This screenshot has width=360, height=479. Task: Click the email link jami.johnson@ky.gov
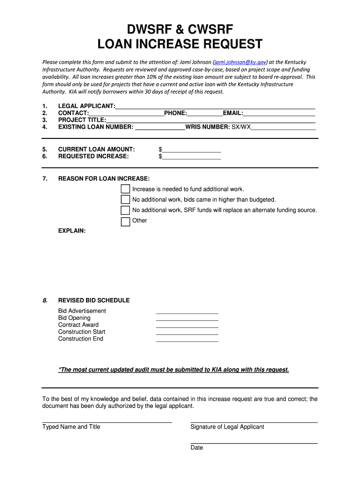point(240,62)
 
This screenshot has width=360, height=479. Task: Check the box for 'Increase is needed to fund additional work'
point(125,189)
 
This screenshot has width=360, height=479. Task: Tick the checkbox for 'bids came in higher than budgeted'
point(125,200)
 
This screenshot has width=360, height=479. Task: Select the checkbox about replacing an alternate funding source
point(125,210)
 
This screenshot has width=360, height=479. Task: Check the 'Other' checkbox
point(125,222)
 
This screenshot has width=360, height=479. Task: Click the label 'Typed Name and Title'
point(71,427)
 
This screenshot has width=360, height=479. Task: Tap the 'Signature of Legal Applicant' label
point(227,427)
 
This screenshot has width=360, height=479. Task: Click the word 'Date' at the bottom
point(197,448)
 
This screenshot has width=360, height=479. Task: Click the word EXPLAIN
point(72,231)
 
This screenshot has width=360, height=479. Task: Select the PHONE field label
point(175,113)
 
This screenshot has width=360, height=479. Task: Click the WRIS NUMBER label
point(207,127)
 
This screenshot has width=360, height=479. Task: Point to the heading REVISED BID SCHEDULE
point(94,300)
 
